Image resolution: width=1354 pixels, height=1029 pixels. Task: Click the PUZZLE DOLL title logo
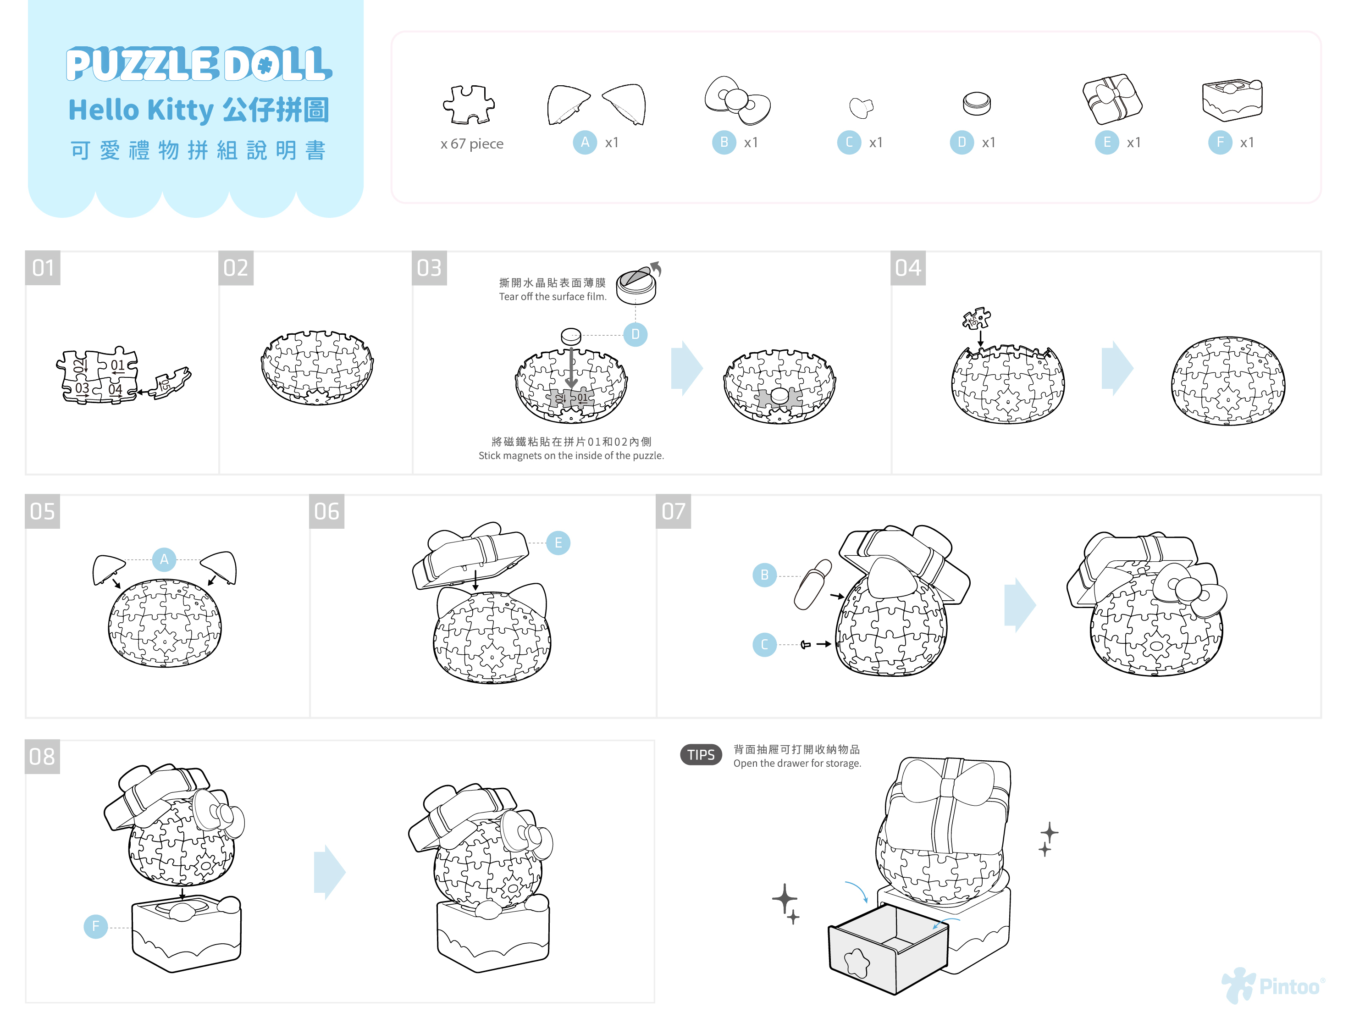[x=199, y=64]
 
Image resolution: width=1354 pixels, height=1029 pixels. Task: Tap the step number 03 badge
[x=429, y=268]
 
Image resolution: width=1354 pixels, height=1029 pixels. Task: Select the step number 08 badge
[x=42, y=757]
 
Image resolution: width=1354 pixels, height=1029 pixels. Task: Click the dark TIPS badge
[x=701, y=755]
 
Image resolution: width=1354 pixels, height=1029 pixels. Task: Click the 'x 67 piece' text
[x=471, y=144]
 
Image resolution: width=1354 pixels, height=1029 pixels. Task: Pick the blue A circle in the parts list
[x=585, y=143]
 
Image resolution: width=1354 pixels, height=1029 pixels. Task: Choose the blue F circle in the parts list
[x=1220, y=143]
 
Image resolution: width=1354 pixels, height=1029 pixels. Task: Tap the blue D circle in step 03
[x=635, y=334]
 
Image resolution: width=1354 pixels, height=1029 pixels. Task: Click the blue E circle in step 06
[x=558, y=542]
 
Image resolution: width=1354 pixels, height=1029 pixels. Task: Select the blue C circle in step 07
[x=764, y=644]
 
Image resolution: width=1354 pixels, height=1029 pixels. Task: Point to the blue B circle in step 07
[x=764, y=575]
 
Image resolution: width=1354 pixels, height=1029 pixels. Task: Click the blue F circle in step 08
[x=95, y=926]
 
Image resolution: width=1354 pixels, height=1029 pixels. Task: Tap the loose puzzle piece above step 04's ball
[x=976, y=318]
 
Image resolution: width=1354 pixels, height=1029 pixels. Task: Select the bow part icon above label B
[x=737, y=100]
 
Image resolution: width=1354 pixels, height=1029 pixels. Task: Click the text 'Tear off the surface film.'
[x=553, y=296]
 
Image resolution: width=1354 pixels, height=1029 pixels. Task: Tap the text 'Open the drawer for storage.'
[x=797, y=763]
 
